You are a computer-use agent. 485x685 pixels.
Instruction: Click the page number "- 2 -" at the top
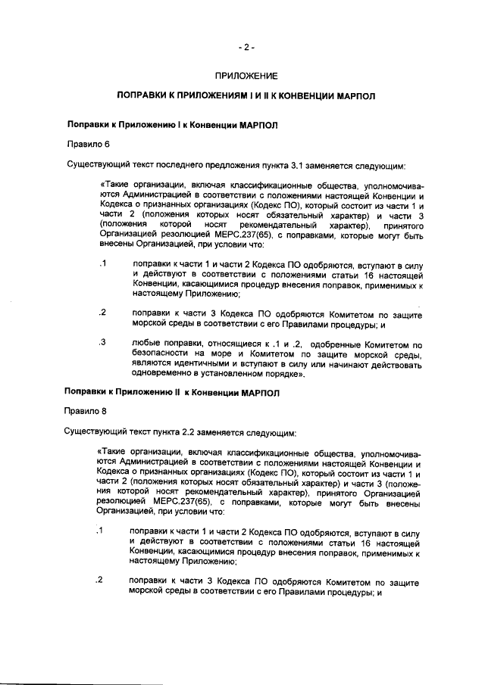pyautogui.click(x=246, y=47)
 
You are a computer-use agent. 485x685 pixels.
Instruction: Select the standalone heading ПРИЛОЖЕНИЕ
pyautogui.click(x=246, y=76)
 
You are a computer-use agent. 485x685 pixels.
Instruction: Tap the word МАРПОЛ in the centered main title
pyautogui.click(x=352, y=98)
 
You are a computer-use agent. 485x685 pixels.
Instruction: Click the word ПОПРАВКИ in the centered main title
pyautogui.click(x=143, y=98)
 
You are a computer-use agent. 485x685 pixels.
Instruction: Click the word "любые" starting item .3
pyautogui.click(x=146, y=344)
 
